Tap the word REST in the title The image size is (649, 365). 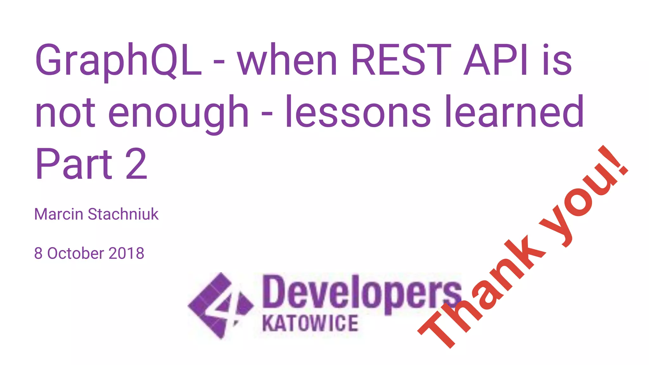pos(401,60)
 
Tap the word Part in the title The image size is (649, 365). pos(74,164)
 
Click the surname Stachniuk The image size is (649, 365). pos(123,214)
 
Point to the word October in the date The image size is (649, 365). pos(75,253)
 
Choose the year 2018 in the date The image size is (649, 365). pos(126,253)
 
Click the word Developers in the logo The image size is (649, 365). pos(361,293)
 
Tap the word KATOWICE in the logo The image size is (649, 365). pos(310,323)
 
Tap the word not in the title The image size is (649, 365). pos(65,112)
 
